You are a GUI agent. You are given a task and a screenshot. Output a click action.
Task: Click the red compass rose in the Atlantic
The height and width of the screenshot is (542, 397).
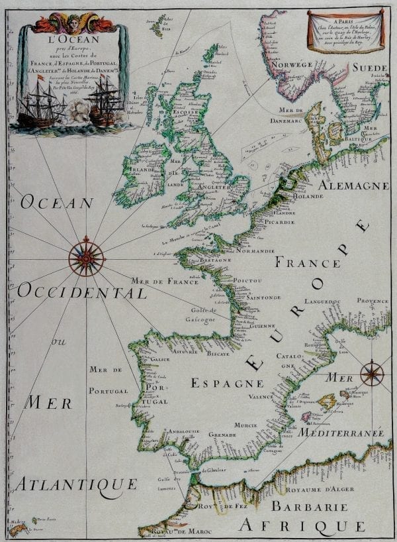(87, 256)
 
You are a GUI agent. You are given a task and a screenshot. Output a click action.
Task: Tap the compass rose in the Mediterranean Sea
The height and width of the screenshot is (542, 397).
(372, 373)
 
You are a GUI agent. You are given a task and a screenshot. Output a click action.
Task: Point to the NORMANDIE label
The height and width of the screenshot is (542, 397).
(255, 252)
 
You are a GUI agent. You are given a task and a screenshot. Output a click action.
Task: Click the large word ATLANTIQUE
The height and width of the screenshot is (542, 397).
(75, 484)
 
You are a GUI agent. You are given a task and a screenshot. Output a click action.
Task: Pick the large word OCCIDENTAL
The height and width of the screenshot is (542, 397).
(82, 292)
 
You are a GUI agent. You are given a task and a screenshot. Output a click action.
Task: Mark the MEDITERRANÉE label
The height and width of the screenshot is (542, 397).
(341, 432)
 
